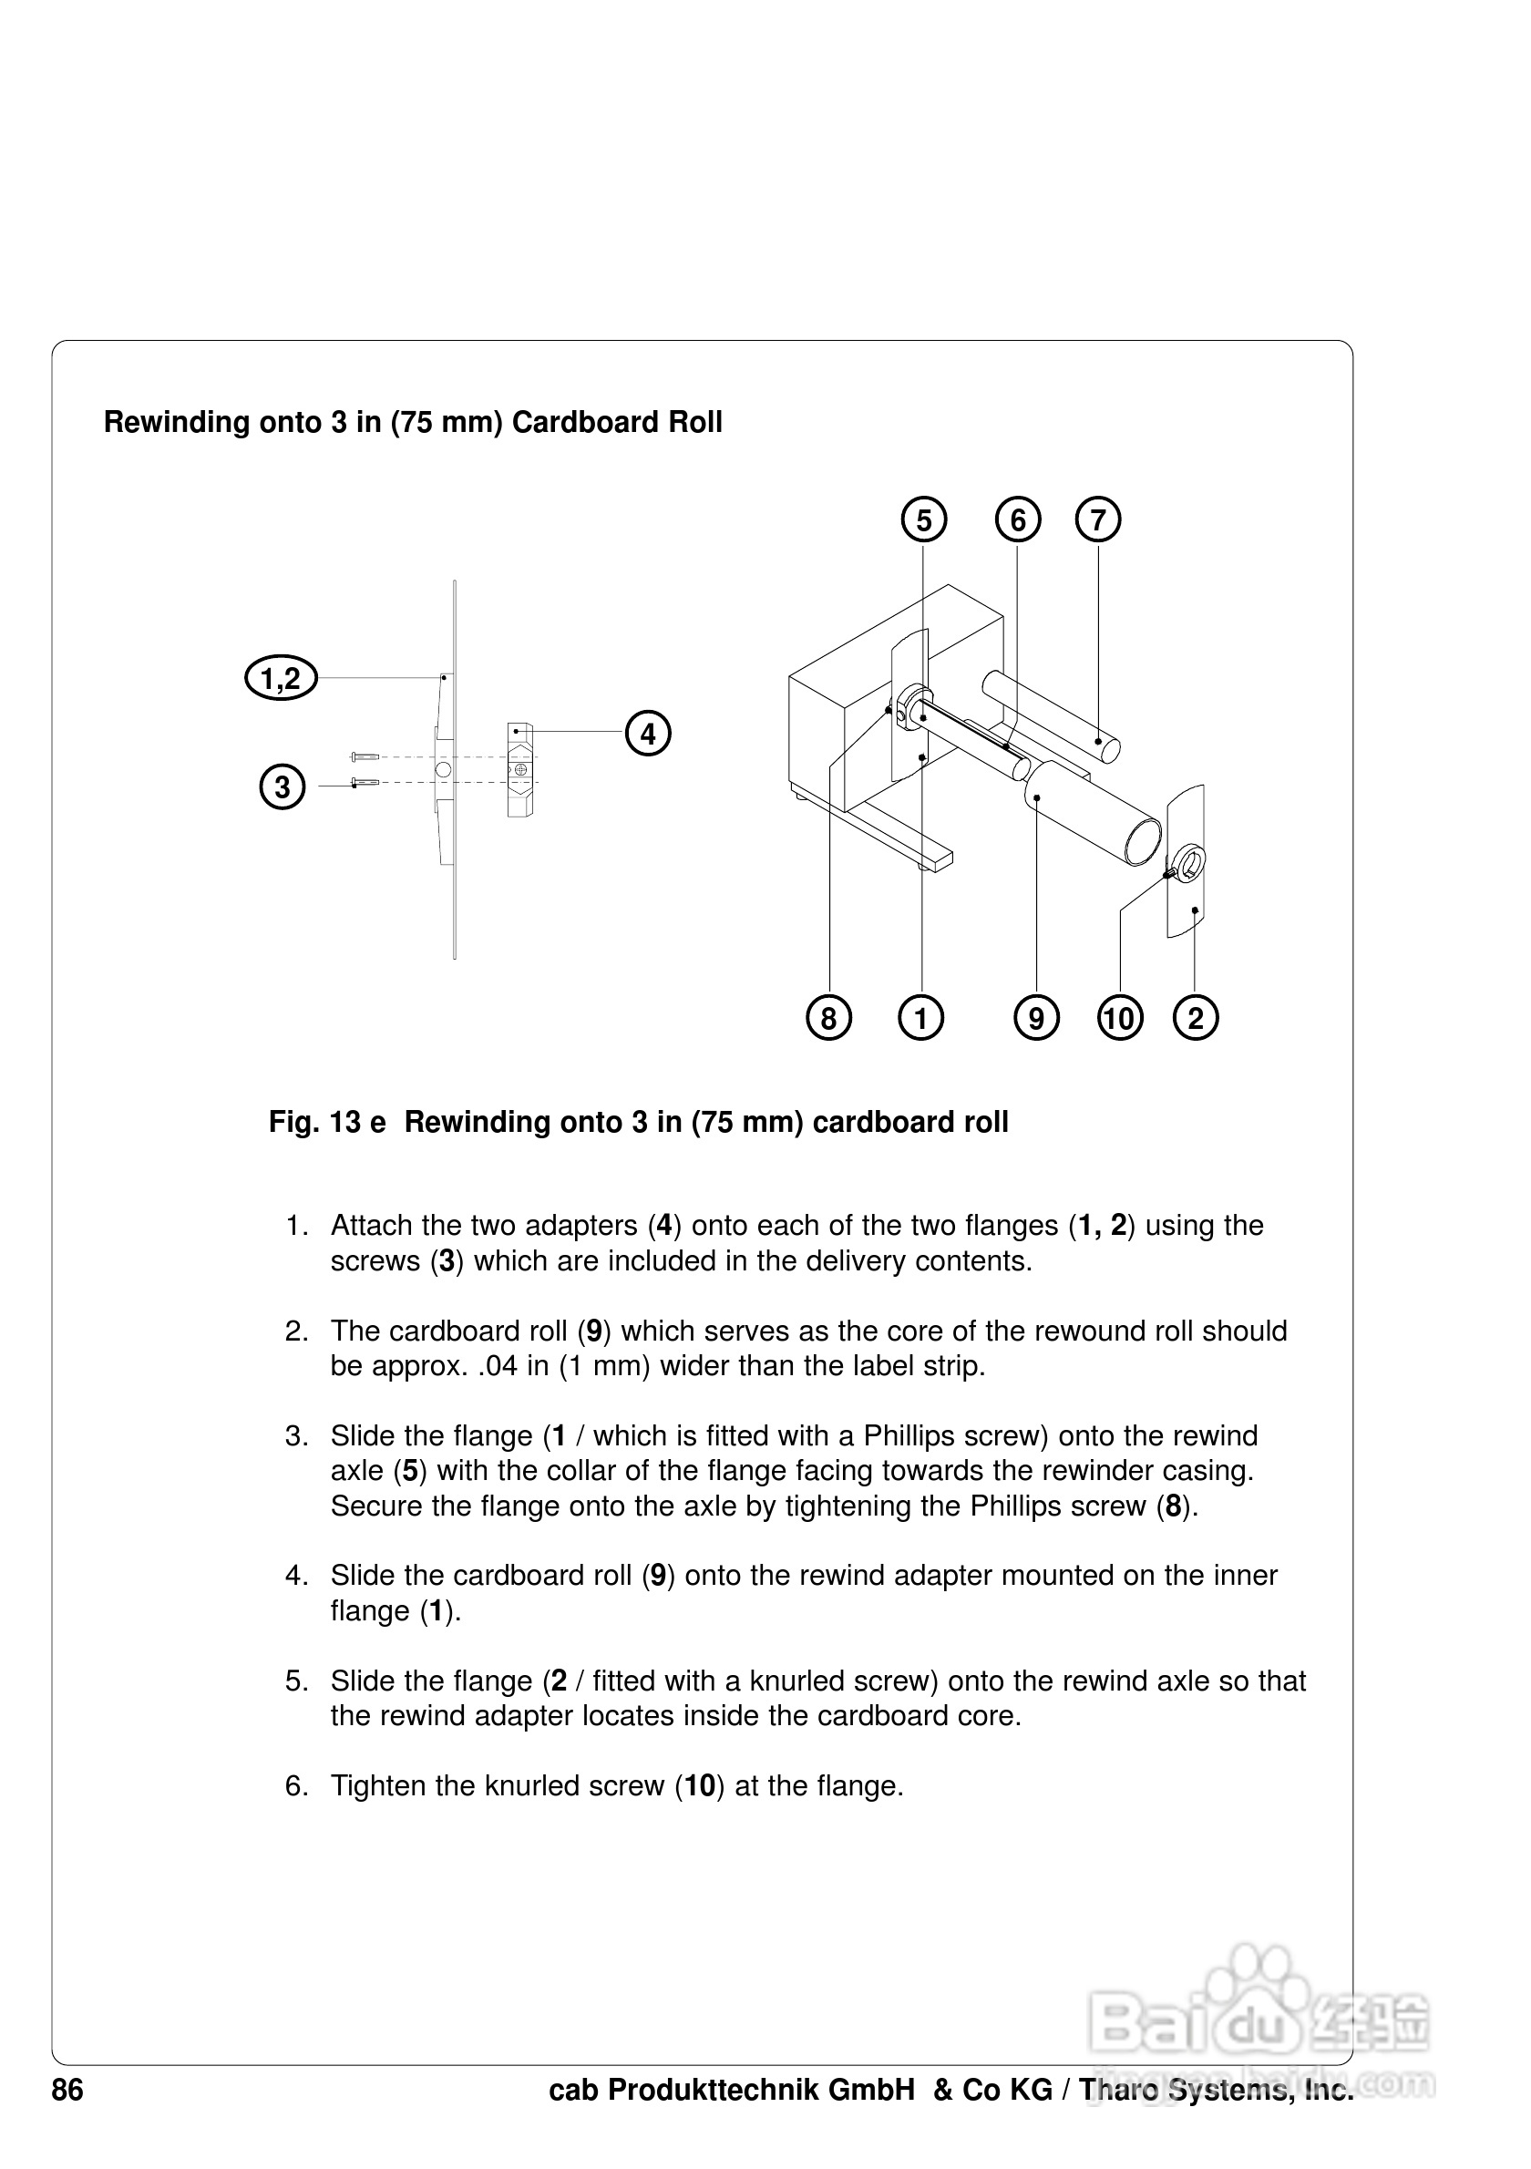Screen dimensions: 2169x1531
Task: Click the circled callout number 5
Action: (924, 520)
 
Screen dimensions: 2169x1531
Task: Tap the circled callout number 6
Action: (1017, 520)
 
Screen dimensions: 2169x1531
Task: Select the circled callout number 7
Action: (1097, 520)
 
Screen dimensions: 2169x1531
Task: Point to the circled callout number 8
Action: (828, 1018)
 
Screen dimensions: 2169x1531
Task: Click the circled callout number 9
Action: (1036, 1018)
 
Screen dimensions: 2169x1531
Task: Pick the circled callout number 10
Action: (1120, 1018)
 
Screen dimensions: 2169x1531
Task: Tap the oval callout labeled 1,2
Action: (281, 677)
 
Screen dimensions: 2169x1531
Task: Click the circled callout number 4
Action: (648, 733)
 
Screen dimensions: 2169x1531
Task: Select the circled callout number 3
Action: (282, 786)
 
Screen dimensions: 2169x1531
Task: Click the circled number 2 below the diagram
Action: (1195, 1018)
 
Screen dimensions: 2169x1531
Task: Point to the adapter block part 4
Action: (520, 770)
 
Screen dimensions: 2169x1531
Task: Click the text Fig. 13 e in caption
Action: (327, 1121)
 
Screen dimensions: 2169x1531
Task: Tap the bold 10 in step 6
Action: (699, 1785)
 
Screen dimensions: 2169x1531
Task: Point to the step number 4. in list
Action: (296, 1575)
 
